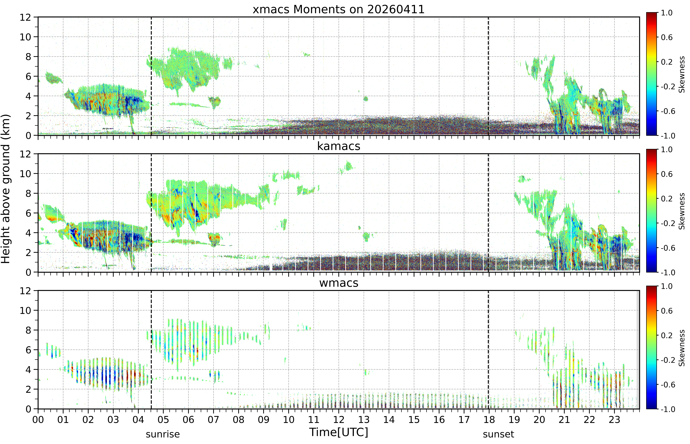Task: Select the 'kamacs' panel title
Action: (339, 146)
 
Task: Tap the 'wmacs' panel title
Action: (339, 283)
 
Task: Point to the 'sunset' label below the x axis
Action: (498, 434)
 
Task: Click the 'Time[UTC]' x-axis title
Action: (339, 432)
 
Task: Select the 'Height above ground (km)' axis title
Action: (5, 189)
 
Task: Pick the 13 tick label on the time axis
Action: (364, 419)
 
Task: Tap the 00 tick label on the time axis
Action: (38, 419)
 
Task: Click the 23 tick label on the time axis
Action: (614, 419)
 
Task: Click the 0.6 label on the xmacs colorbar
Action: (667, 37)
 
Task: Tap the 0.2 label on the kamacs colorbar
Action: (667, 199)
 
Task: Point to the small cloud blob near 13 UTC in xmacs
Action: (366, 99)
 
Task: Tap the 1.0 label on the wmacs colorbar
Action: (667, 286)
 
